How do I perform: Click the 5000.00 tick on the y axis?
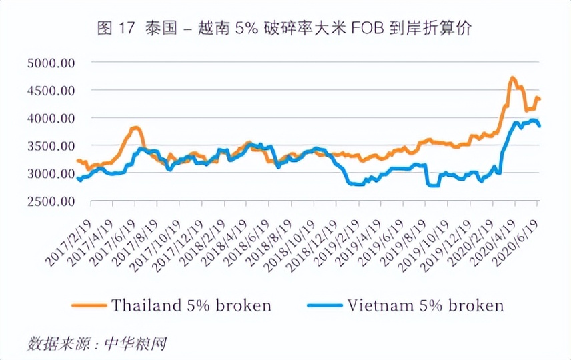pos(51,63)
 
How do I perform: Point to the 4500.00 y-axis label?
pos(51,91)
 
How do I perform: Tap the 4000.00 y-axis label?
pos(51,118)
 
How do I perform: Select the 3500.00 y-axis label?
pos(51,146)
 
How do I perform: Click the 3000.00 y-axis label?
pos(51,173)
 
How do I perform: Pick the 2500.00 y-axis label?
pos(51,201)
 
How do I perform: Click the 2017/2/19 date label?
pos(69,243)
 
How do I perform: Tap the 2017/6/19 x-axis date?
pos(113,243)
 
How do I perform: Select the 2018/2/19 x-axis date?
pos(203,243)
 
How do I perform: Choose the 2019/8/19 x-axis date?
pos(403,243)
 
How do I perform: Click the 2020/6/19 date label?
pos(514,243)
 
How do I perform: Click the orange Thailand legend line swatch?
pos(89,305)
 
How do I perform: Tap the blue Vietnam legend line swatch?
pos(325,305)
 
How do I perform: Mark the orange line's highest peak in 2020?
pos(512,77)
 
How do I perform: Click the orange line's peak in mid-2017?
pos(136,127)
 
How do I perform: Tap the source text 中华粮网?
pos(135,343)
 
